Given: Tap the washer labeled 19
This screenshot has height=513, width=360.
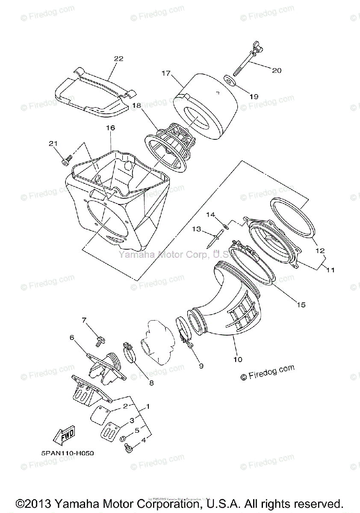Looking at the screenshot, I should tap(230, 81).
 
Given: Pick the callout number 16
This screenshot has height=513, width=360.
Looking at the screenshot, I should tap(110, 128).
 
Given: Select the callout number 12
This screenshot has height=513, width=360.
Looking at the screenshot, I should tap(320, 251).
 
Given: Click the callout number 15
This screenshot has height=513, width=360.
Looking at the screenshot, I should tap(301, 304).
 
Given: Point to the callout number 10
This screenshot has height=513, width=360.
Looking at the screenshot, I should tap(237, 360).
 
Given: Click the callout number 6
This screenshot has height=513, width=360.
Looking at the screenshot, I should tap(72, 338).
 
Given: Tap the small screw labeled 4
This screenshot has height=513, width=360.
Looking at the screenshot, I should tap(127, 447).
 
